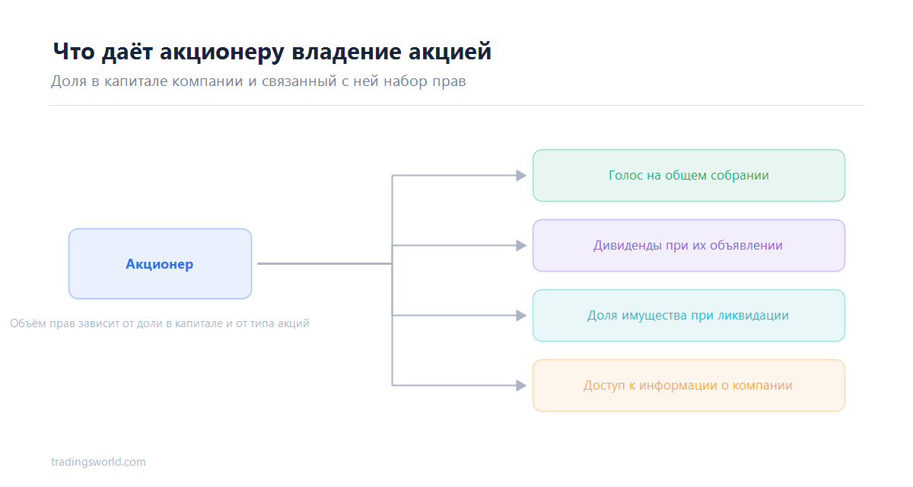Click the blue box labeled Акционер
(x=160, y=264)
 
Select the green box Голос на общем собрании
(x=689, y=175)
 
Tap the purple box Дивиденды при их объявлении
(x=689, y=245)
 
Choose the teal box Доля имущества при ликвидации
(x=689, y=316)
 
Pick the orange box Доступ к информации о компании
(x=689, y=386)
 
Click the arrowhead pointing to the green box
(x=521, y=176)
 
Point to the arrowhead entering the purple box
(x=521, y=246)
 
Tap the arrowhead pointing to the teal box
(x=521, y=316)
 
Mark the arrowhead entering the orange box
(x=521, y=386)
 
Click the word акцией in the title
(x=450, y=53)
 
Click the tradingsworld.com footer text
(x=98, y=462)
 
